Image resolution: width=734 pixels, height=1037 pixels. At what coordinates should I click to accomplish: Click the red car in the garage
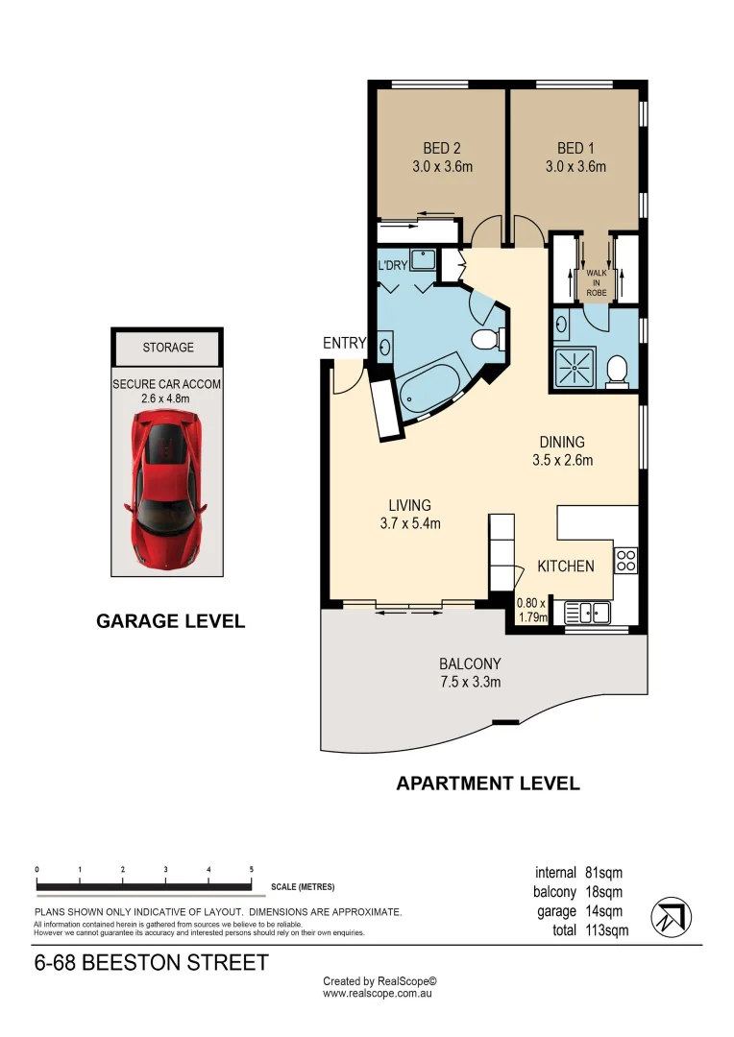pyautogui.click(x=167, y=487)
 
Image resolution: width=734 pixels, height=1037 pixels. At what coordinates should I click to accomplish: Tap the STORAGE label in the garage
pyautogui.click(x=168, y=348)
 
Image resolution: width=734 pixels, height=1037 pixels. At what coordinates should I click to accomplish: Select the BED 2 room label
pyautogui.click(x=442, y=148)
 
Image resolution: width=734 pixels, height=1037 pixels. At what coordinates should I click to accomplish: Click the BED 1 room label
pyautogui.click(x=576, y=148)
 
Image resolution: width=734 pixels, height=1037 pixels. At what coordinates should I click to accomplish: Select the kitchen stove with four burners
pyautogui.click(x=625, y=560)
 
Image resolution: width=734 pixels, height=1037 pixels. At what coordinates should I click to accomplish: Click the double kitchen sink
pyautogui.click(x=584, y=612)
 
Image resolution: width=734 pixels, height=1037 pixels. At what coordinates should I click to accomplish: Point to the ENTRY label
pyautogui.click(x=345, y=343)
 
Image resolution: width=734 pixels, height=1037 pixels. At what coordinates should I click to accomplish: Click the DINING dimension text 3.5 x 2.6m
pyautogui.click(x=562, y=460)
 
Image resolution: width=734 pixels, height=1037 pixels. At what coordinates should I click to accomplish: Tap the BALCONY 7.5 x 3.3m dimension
pyautogui.click(x=470, y=683)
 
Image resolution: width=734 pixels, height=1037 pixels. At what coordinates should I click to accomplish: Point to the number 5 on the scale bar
pyautogui.click(x=251, y=869)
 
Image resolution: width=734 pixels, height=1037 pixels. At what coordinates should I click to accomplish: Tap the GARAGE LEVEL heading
pyautogui.click(x=170, y=621)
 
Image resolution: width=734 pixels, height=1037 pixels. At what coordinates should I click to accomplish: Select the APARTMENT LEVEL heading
pyautogui.click(x=488, y=784)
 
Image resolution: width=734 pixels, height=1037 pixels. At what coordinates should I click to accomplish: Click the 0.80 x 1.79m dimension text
pyautogui.click(x=531, y=611)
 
